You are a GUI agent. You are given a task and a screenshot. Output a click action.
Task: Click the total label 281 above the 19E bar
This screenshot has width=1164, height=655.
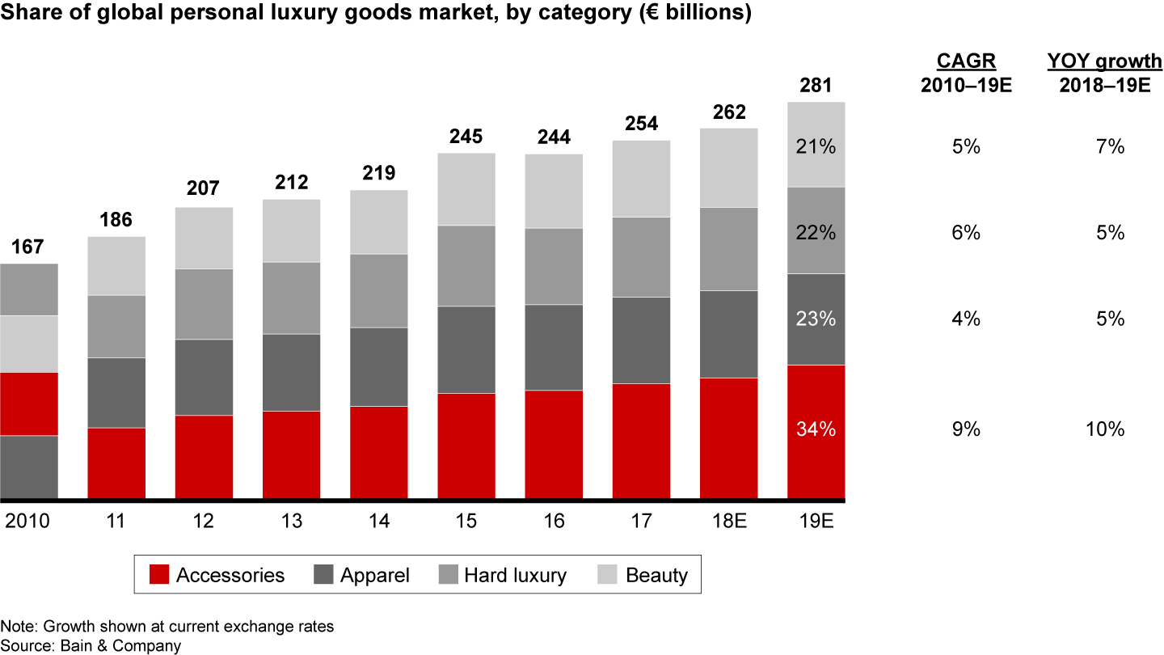[x=816, y=85]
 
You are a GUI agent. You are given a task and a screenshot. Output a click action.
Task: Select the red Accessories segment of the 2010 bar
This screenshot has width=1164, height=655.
[x=29, y=404]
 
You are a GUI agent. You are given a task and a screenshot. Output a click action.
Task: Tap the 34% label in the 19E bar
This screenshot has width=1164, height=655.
[x=816, y=429]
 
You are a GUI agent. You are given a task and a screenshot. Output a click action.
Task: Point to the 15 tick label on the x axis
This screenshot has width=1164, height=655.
[x=466, y=522]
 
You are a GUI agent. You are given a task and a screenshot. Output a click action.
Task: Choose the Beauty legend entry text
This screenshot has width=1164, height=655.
[x=656, y=575]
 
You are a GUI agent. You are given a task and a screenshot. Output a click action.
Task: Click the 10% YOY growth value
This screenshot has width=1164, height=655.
[x=1104, y=429]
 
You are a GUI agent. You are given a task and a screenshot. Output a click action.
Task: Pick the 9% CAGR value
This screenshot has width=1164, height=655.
[x=966, y=429]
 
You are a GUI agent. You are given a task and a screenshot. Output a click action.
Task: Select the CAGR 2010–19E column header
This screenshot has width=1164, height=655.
[x=966, y=74]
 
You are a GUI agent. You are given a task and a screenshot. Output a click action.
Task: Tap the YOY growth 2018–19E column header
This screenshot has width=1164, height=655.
[x=1104, y=74]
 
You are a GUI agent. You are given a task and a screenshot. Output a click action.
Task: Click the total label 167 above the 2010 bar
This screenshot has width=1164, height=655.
[x=29, y=247]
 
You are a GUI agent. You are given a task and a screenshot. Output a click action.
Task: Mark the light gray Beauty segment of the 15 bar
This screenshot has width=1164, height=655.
[x=466, y=188]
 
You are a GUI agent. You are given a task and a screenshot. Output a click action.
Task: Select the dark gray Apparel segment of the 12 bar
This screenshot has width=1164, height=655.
[x=204, y=377]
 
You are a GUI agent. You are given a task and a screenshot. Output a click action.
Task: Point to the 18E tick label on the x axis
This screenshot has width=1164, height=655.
[x=728, y=522]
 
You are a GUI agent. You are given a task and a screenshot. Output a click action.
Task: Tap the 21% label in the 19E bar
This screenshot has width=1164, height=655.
[x=816, y=146]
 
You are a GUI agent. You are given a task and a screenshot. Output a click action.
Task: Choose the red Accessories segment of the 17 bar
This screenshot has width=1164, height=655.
[x=641, y=441]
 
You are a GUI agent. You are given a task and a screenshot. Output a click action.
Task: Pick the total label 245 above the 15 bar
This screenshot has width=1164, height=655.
[x=466, y=137]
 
